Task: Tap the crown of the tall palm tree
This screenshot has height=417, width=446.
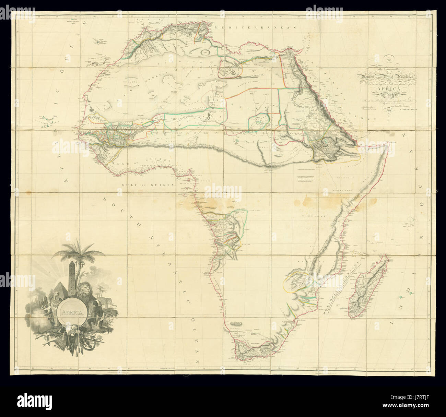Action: [x=78, y=252]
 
